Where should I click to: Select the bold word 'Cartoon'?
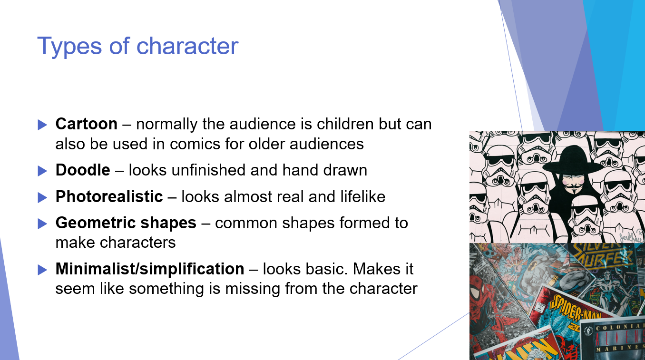(x=86, y=124)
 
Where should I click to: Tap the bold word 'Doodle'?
(x=83, y=170)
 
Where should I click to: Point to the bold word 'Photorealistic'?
(x=109, y=197)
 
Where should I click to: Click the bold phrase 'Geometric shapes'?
(x=126, y=223)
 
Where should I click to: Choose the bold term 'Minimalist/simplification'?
(x=149, y=269)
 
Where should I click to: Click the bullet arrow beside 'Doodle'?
(x=42, y=171)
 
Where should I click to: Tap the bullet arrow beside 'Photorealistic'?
(x=42, y=197)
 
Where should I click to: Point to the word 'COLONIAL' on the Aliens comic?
(x=619, y=328)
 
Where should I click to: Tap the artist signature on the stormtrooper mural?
(x=630, y=235)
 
